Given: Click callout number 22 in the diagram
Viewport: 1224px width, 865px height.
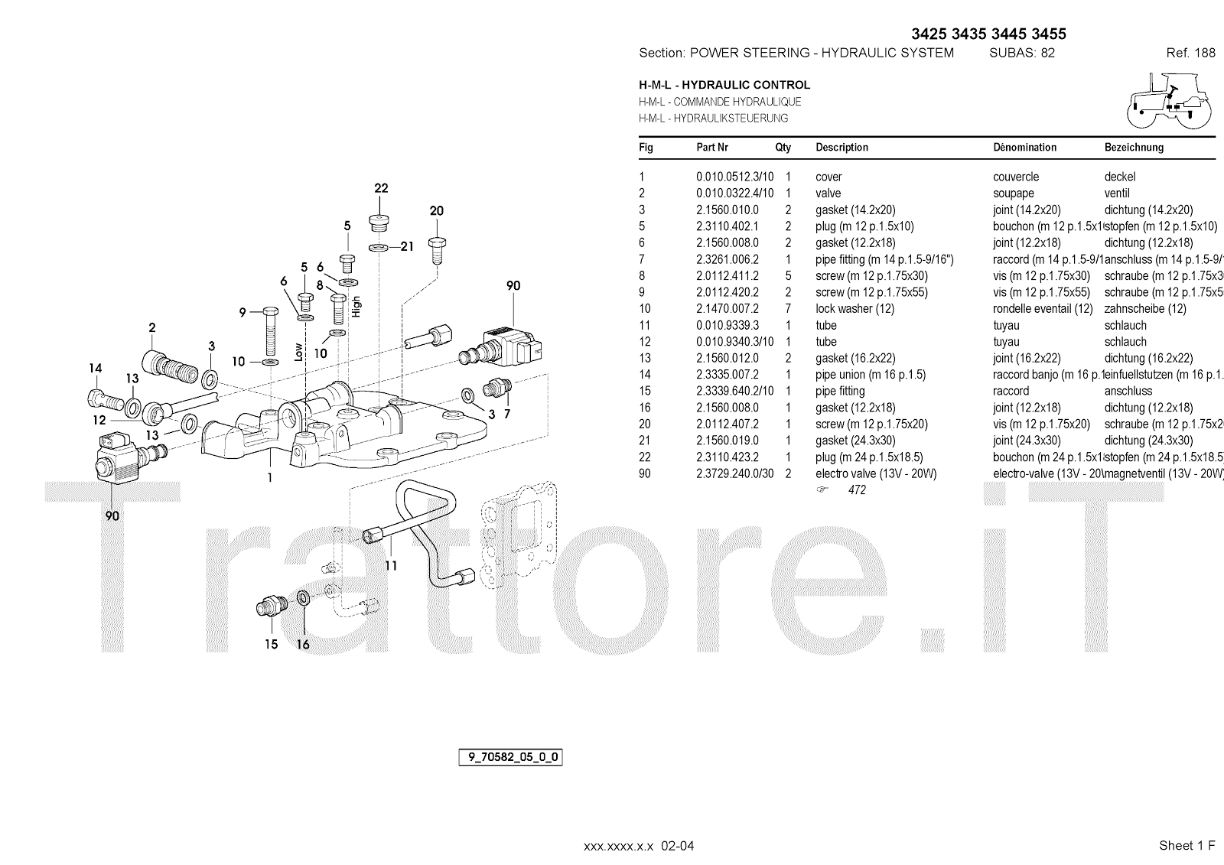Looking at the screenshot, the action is [381, 188].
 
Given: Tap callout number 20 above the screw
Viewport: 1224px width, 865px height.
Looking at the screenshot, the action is [436, 211].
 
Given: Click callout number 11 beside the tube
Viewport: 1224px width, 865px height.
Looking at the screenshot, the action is [391, 566].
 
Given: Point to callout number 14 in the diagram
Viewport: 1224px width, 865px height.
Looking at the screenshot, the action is [95, 369].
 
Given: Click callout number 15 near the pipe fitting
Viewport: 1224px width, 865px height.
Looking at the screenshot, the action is [271, 644].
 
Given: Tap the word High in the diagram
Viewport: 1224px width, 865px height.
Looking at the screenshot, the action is [356, 306].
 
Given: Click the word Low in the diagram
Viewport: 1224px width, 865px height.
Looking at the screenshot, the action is [299, 352].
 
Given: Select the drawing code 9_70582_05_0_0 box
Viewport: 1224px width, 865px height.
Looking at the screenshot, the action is [510, 758].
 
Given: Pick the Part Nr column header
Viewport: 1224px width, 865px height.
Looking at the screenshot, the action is [712, 148].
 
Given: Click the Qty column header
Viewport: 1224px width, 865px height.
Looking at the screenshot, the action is [783, 148].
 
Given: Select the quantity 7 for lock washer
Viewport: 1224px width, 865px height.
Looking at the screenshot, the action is [788, 309].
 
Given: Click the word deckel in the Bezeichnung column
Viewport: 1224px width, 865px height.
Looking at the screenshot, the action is [1120, 177].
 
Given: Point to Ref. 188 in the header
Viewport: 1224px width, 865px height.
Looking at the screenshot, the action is [1190, 53].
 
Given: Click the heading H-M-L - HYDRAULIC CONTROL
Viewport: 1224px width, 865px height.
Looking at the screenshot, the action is [724, 85].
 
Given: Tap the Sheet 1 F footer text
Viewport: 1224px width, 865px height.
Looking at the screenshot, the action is [1187, 845].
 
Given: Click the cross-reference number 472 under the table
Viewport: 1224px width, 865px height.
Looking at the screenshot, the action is [857, 490].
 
